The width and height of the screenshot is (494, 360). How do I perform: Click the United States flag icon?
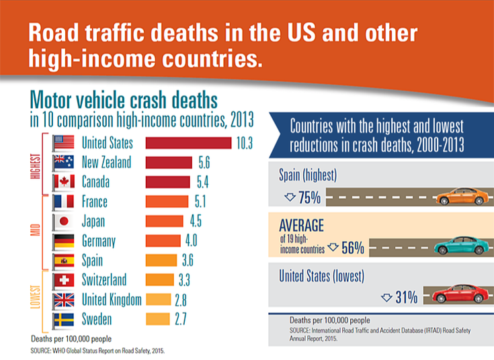pos(63,142)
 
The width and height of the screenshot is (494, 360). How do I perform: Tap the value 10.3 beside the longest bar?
pos(243,142)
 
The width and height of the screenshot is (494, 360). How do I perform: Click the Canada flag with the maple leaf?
pos(63,181)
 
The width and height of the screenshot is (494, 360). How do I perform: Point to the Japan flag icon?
pos(63,221)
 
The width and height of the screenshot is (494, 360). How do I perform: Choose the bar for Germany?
pos(164,240)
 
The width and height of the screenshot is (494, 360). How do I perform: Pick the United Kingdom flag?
pos(63,299)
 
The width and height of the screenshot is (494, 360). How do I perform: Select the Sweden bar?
pos(158,318)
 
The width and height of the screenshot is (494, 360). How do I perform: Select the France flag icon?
pos(63,201)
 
